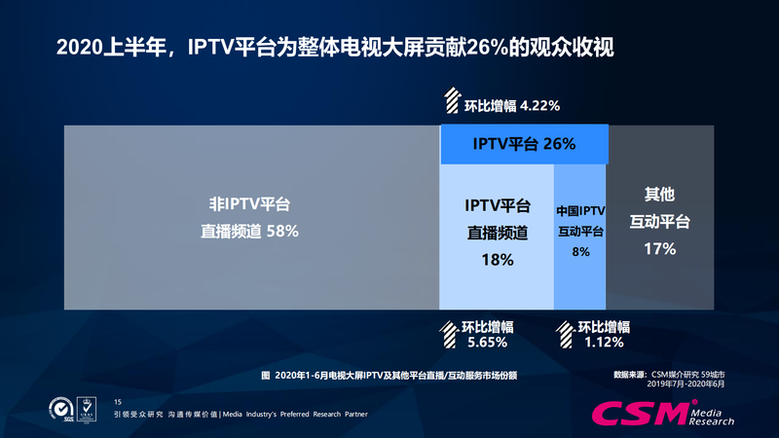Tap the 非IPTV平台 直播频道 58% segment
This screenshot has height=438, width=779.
point(250,218)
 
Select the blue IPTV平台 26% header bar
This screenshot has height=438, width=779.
point(523,144)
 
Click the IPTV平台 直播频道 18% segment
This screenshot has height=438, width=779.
point(497,234)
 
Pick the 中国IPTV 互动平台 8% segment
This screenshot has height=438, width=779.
point(580,234)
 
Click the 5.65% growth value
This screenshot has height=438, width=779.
point(480,342)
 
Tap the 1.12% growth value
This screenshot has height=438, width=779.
point(604,342)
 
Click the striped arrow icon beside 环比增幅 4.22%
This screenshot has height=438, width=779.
point(454,102)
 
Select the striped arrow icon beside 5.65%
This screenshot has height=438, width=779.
point(447,334)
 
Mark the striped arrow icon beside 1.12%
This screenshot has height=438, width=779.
point(564,334)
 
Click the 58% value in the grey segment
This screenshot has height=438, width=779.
point(278,232)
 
